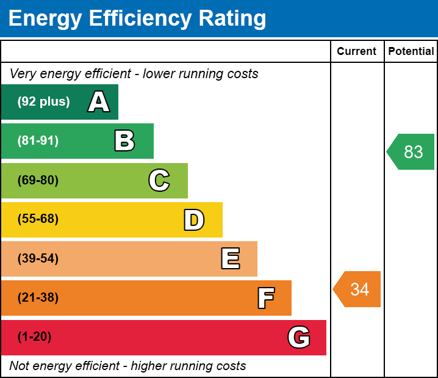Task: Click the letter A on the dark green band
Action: click(99, 102)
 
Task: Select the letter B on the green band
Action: click(124, 141)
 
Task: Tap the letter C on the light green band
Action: click(159, 180)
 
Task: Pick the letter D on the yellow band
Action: click(194, 220)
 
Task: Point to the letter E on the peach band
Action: click(230, 259)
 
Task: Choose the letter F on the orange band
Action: click(265, 298)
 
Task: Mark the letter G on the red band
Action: click(299, 337)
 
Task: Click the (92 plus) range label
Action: click(43, 102)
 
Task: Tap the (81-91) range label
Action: click(38, 141)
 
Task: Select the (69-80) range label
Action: click(38, 180)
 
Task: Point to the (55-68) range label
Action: click(38, 219)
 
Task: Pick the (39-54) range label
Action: click(38, 258)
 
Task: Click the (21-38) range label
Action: click(38, 298)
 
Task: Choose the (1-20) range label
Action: click(34, 337)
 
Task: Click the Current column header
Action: click(357, 52)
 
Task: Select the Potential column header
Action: click(411, 52)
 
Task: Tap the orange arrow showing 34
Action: click(358, 289)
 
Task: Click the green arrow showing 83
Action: click(412, 151)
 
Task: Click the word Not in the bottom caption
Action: click(20, 366)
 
